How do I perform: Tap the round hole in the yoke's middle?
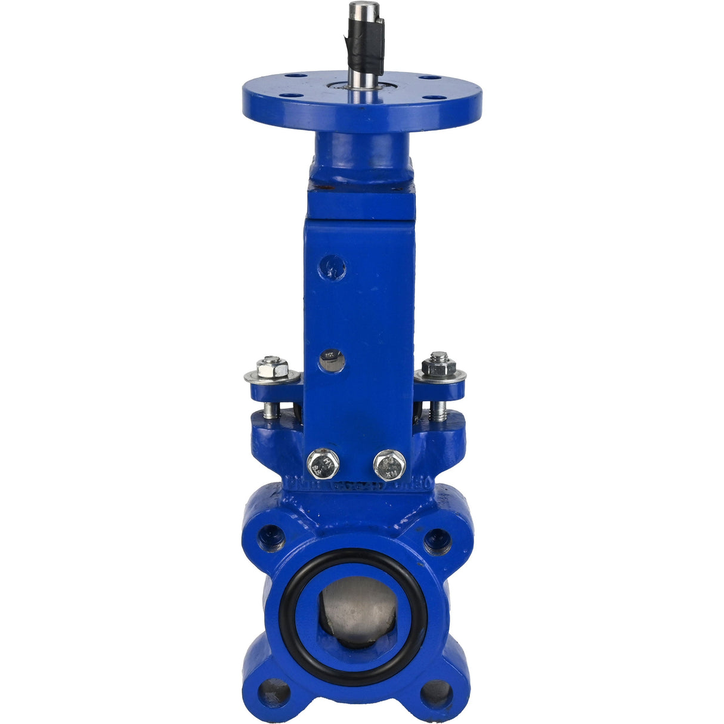point(332,360)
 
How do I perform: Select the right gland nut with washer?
point(440,367)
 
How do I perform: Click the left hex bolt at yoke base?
point(323,463)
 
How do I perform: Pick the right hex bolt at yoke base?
point(389,465)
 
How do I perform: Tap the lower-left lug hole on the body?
point(275,694)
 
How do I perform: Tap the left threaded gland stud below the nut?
point(270,410)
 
